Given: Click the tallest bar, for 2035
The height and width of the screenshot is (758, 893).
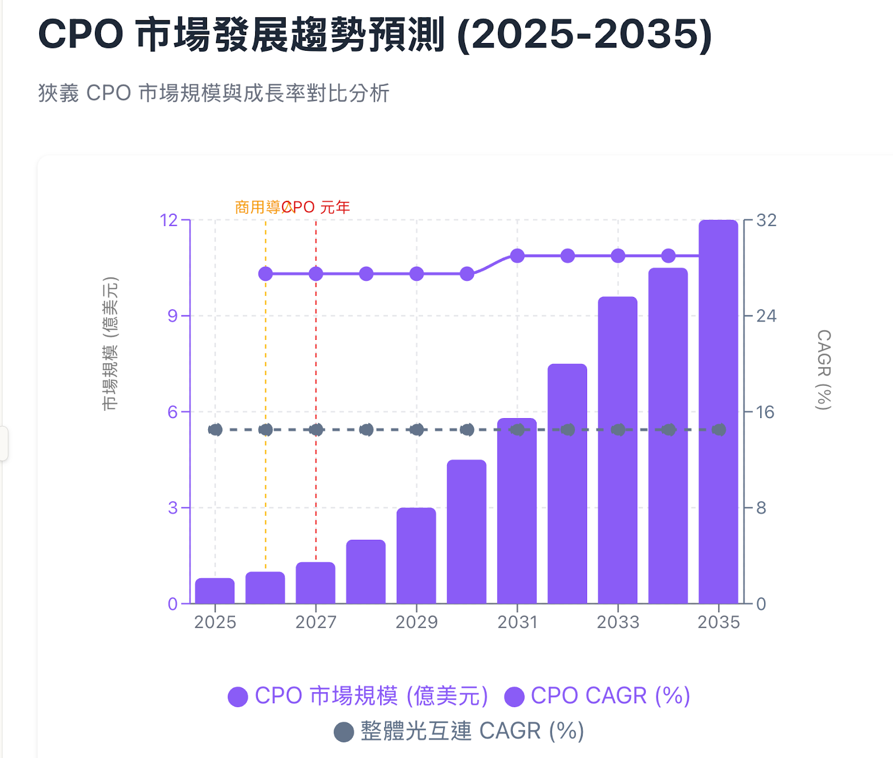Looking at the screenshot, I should (718, 413).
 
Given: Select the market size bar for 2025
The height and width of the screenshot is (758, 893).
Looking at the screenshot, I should (215, 591).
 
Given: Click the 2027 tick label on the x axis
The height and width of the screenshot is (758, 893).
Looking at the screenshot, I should (316, 622).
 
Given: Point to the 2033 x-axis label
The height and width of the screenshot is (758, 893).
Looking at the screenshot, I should (618, 622).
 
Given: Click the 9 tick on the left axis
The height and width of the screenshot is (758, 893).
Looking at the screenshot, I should (172, 316).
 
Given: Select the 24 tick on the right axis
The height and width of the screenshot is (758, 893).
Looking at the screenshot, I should (766, 316).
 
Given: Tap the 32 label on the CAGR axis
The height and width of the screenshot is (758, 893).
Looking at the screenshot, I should (766, 220).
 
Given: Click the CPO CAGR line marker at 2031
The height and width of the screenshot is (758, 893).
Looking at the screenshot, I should (517, 256).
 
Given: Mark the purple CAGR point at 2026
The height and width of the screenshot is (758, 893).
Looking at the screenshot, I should (266, 274).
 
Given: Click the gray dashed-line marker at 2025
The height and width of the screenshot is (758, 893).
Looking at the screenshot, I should (215, 430).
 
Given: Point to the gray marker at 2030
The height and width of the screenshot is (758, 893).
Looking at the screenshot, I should (467, 430).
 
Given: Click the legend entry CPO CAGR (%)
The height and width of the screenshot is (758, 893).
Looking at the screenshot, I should (598, 696).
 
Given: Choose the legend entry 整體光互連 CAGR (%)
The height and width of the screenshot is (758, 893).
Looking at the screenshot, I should (459, 731).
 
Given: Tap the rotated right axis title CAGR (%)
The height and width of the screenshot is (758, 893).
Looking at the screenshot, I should (823, 370).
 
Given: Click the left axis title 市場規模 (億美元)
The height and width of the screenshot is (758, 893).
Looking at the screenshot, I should (111, 344).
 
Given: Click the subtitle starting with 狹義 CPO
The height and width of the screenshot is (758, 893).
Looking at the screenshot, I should (214, 93).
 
